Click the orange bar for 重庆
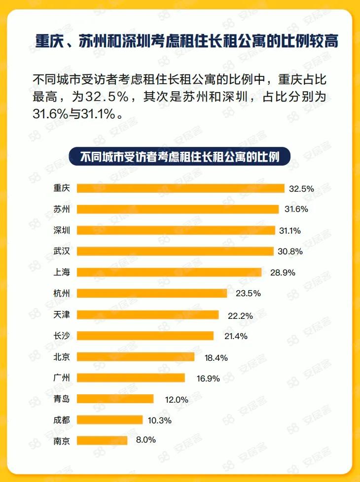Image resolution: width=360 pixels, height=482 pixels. pyautogui.click(x=180, y=188)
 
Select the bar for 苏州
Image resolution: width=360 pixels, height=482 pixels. pyautogui.click(x=178, y=209)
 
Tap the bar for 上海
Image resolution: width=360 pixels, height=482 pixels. pyautogui.click(x=169, y=273)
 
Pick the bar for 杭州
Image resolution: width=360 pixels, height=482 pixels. pyautogui.click(x=152, y=293)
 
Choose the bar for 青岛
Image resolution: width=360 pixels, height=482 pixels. pyautogui.click(x=115, y=399)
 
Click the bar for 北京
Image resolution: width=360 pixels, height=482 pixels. pyautogui.click(x=136, y=357)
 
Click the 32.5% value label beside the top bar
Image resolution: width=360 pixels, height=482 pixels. pyautogui.click(x=301, y=189)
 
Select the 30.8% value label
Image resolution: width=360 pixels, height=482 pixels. pyautogui.click(x=290, y=252)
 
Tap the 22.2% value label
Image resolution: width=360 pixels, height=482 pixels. pyautogui.click(x=240, y=315)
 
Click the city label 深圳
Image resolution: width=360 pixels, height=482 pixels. pyautogui.click(x=62, y=231)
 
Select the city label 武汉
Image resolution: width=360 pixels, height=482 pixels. pyautogui.click(x=62, y=252)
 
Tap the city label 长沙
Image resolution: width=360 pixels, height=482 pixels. pyautogui.click(x=62, y=336)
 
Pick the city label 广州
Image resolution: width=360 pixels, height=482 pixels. pyautogui.click(x=62, y=379)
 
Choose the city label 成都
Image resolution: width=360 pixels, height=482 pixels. pyautogui.click(x=62, y=420)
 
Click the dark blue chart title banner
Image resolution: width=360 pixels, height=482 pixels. pyautogui.click(x=180, y=157)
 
